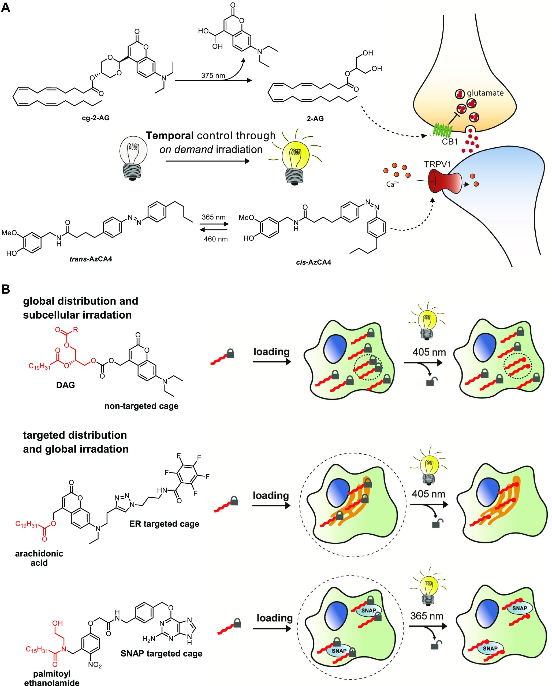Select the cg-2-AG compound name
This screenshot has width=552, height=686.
tap(96, 118)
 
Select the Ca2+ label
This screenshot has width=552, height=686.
tap(393, 184)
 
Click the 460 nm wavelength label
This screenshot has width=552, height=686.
tap(216, 239)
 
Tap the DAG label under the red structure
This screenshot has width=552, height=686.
tap(66, 385)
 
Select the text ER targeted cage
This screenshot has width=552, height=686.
tap(164, 497)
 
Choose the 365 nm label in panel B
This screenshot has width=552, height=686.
tap(427, 616)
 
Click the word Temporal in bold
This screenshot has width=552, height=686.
tap(170, 136)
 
